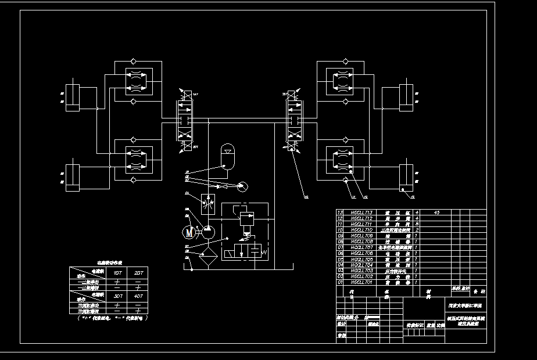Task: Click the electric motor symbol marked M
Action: (188, 232)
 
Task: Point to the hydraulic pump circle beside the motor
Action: (206, 232)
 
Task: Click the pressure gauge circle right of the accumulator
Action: (242, 186)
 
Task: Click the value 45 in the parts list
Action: (437, 213)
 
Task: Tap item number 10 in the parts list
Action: (341, 230)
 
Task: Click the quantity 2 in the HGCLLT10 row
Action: (417, 230)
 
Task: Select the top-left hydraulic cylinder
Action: (73, 97)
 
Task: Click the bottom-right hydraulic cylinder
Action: (406, 177)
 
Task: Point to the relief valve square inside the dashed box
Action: (246, 219)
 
